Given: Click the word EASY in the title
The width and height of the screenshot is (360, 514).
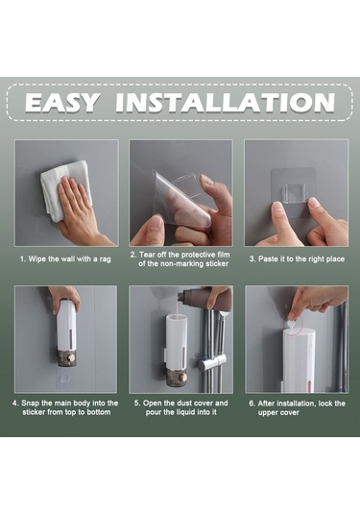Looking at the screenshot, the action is (x=61, y=103).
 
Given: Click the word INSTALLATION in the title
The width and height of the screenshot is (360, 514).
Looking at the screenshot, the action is (x=226, y=103).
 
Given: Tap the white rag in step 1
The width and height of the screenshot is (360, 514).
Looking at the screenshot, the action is (x=65, y=191).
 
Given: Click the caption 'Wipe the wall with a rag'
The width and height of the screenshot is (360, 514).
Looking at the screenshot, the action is (x=69, y=259).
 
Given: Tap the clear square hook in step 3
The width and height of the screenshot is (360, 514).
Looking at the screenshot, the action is (x=296, y=194).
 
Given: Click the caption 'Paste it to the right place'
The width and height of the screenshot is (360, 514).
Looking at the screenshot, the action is (x=301, y=259).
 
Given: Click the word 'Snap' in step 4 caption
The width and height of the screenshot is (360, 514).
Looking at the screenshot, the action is (x=30, y=404).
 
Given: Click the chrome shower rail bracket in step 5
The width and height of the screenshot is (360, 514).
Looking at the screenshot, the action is (x=212, y=362).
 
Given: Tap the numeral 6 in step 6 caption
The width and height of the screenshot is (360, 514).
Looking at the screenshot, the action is (x=251, y=404).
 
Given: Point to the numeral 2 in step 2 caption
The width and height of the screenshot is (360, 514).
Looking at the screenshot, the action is (x=132, y=255).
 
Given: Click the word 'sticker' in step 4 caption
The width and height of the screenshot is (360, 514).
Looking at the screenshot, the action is (x=34, y=412).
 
